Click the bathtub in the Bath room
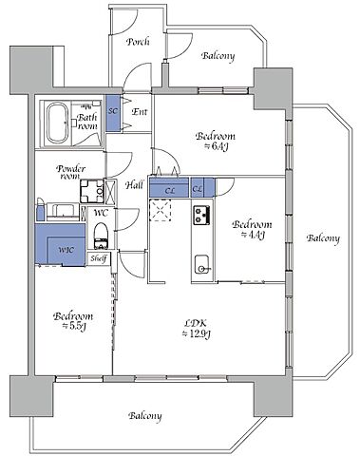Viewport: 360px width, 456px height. click(x=57, y=123)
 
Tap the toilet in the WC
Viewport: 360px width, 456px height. click(x=102, y=236)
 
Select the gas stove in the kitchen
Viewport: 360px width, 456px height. click(x=201, y=215)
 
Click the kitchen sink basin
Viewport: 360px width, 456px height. click(x=201, y=264)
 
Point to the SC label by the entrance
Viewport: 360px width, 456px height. click(x=113, y=111)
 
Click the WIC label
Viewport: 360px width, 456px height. click(x=66, y=250)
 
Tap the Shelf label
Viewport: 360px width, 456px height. click(x=99, y=258)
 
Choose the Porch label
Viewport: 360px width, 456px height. click(x=138, y=42)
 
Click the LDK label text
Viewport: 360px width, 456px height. click(x=196, y=323)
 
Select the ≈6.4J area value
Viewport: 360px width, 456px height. click(x=216, y=146)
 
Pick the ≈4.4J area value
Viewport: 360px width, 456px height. click(x=253, y=235)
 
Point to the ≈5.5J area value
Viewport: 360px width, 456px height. click(x=74, y=326)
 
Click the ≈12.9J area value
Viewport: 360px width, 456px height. click(x=197, y=333)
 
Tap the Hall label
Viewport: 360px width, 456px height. click(x=134, y=184)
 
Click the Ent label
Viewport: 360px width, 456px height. click(x=140, y=111)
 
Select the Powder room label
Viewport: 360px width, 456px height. click(x=70, y=172)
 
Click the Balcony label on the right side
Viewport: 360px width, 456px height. click(x=323, y=238)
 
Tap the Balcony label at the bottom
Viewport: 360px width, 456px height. click(x=145, y=416)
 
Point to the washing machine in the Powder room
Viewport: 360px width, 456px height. click(x=92, y=191)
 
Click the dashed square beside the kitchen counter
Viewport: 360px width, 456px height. click(x=161, y=210)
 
